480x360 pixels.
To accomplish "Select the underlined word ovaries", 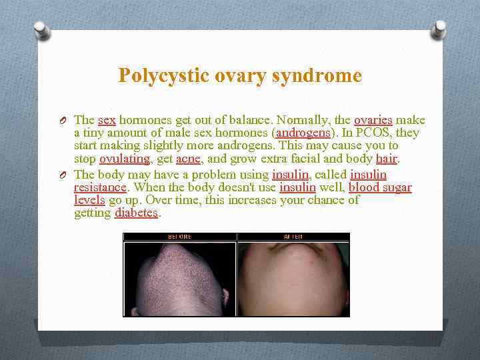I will click(x=373, y=120).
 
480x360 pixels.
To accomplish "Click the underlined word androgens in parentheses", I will click(x=303, y=133).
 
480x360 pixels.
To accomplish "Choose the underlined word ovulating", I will click(x=125, y=159).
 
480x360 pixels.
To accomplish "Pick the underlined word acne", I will click(x=188, y=159).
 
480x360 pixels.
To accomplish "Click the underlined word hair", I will click(x=386, y=159).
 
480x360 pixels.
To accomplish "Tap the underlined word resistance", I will click(x=100, y=187).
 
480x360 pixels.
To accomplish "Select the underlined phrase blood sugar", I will click(x=380, y=187).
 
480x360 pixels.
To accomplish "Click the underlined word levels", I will click(x=89, y=200).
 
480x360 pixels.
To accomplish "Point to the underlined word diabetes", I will click(x=137, y=213).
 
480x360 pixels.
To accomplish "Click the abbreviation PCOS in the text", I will click(x=375, y=133).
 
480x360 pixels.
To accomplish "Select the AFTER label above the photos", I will click(x=293, y=237).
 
